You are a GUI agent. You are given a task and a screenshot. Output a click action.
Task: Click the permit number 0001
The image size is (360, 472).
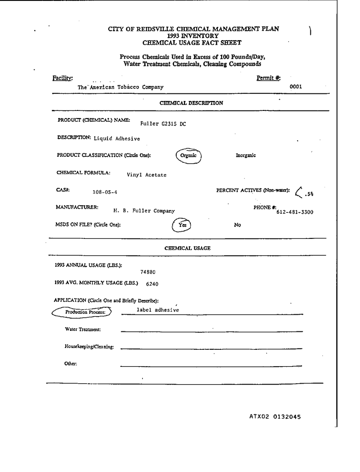coord(296,87)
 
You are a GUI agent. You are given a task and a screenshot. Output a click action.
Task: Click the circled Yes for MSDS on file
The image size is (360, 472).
coord(182,226)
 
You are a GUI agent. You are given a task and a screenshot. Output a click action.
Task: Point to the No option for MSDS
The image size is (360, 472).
coord(238,225)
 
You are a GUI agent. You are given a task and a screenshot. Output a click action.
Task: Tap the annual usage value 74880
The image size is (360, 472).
coord(148,272)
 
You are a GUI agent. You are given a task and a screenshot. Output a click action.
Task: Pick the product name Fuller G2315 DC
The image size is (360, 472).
coord(163,124)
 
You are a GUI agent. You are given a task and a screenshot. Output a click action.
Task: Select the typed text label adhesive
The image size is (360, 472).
coord(158,310)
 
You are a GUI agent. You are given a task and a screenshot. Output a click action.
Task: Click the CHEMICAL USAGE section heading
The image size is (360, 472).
coord(187,248)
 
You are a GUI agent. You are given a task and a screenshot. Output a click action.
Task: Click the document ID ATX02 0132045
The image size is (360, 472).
coord(275,417)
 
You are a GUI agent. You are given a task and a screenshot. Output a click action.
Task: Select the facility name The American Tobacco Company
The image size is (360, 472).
coord(121,87)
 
